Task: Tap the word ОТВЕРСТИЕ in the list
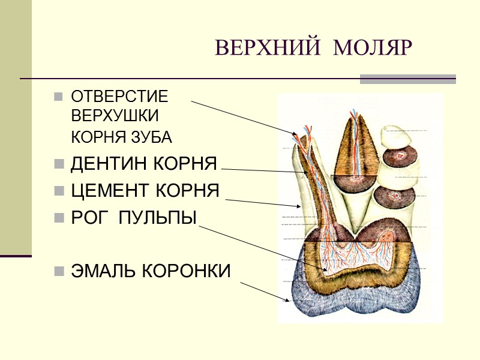119,96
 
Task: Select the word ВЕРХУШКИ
115,115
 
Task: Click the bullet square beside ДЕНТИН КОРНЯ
58,164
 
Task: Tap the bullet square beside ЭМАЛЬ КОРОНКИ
58,271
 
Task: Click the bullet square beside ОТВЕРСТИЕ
58,97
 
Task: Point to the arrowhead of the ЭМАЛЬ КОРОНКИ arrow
290,300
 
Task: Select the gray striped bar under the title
407,79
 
